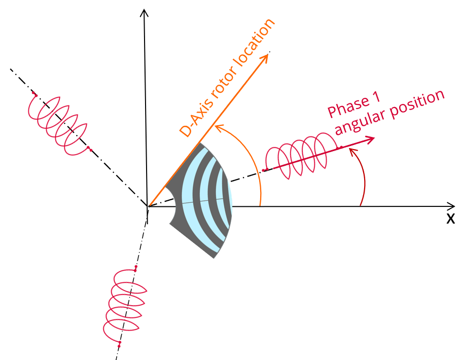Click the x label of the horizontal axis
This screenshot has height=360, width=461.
[x=450, y=219]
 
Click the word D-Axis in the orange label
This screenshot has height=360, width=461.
[x=196, y=119]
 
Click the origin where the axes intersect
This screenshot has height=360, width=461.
[x=147, y=206]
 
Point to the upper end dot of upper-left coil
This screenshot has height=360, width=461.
[x=34, y=94]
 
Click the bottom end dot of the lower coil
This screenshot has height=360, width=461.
[x=119, y=344]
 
